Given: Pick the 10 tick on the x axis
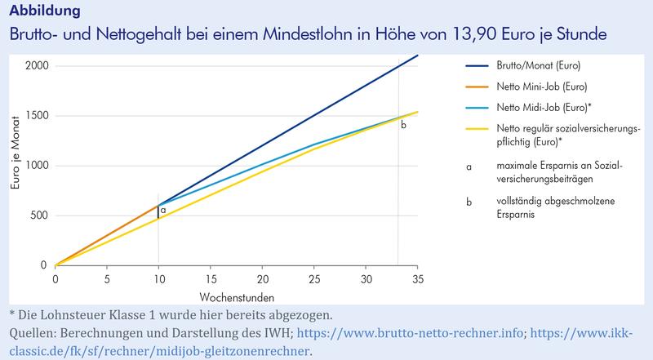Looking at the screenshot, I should click(x=158, y=278).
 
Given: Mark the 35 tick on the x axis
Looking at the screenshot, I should click(x=417, y=278).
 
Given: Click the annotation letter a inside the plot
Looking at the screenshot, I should click(x=163, y=210).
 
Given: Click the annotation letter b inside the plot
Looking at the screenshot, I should click(x=402, y=126).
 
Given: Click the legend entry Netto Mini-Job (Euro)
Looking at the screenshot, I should click(x=542, y=85).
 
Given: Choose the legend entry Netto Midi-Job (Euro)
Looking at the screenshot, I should click(x=544, y=107).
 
